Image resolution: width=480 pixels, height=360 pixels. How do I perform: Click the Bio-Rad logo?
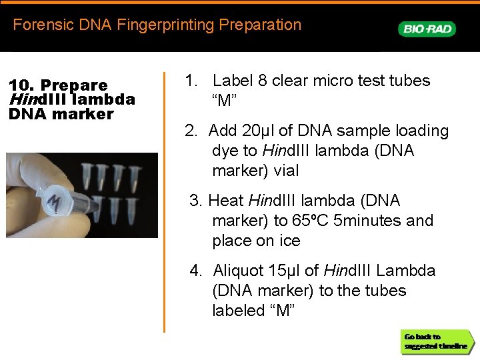tap(427, 29)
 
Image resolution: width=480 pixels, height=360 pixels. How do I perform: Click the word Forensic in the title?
tap(39, 25)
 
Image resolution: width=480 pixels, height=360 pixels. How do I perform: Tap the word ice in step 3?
tap(288, 241)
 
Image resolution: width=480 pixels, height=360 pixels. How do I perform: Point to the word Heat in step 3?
tap(225, 201)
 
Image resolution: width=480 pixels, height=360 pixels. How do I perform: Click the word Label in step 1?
tap(231, 81)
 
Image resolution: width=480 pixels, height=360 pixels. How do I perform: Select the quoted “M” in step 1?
tap(225, 101)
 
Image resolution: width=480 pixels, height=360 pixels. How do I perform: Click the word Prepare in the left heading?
tap(74, 85)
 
